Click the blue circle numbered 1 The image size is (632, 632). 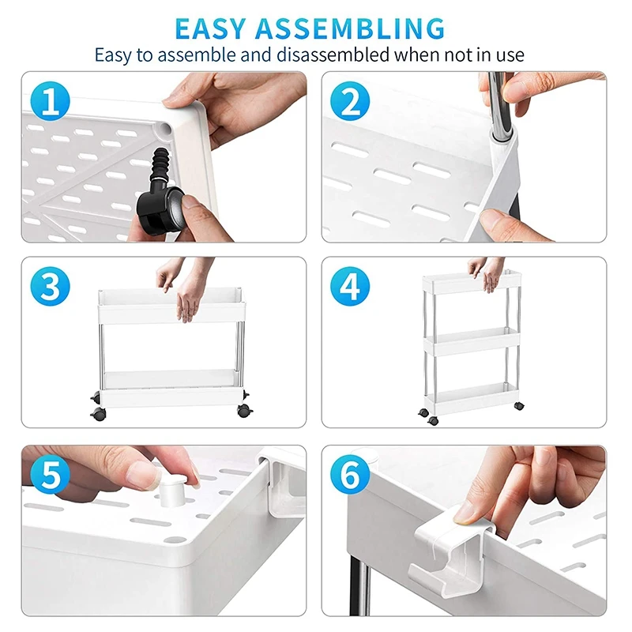click(51, 101)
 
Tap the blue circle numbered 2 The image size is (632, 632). click(350, 101)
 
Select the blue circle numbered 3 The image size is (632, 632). click(51, 286)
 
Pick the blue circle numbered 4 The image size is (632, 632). click(350, 286)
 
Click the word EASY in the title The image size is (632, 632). click(211, 28)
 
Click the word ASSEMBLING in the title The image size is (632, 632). click(350, 28)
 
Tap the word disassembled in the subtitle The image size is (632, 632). click(333, 55)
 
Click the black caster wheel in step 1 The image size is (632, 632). click(162, 209)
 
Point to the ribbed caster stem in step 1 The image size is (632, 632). click(160, 164)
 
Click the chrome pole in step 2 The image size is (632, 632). click(498, 106)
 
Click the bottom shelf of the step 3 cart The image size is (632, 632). click(171, 387)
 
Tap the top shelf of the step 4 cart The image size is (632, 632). click(472, 283)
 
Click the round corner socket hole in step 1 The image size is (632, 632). click(164, 129)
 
